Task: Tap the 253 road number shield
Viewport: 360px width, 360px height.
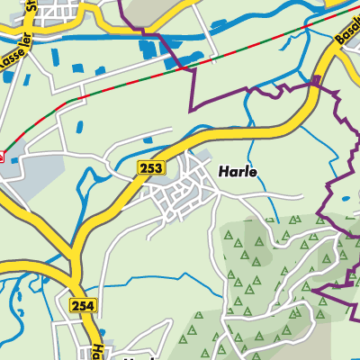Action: coord(151,168)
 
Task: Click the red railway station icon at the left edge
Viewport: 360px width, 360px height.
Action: coord(3,156)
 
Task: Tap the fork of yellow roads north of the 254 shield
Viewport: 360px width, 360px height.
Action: coord(67,261)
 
